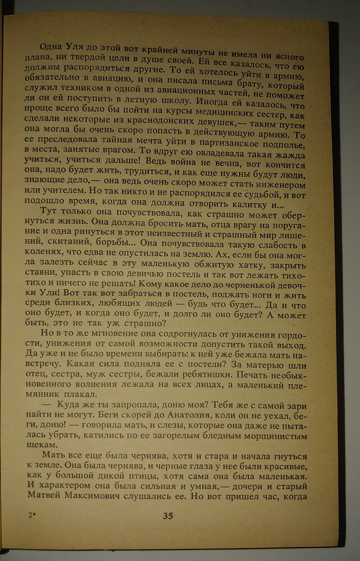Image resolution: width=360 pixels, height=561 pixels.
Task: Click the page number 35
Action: click(x=168, y=517)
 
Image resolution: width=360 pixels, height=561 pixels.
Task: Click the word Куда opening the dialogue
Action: click(x=71, y=405)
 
